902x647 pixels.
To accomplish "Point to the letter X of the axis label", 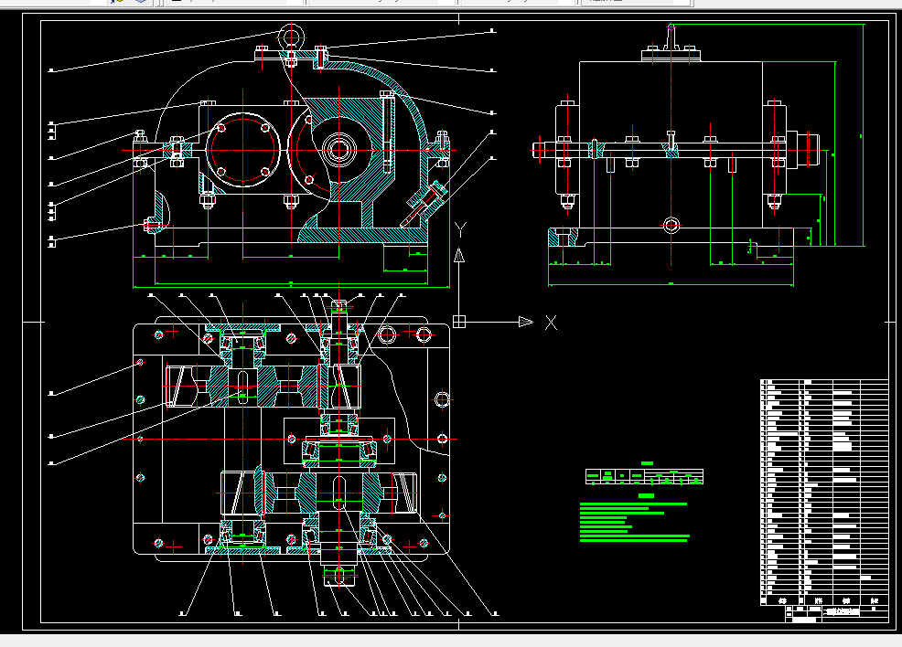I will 551,322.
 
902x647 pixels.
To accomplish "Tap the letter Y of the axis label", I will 461,228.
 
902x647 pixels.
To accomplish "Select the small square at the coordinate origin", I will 459,321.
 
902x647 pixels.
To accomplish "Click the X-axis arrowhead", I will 525,322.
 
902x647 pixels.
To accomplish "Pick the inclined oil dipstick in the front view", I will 423,205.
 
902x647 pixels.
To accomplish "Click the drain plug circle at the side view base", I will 672,224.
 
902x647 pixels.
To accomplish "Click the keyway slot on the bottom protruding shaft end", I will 338,575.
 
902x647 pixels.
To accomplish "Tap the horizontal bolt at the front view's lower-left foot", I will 152,223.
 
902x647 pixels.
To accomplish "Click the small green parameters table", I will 644,476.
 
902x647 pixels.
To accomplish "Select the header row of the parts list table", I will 824,600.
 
